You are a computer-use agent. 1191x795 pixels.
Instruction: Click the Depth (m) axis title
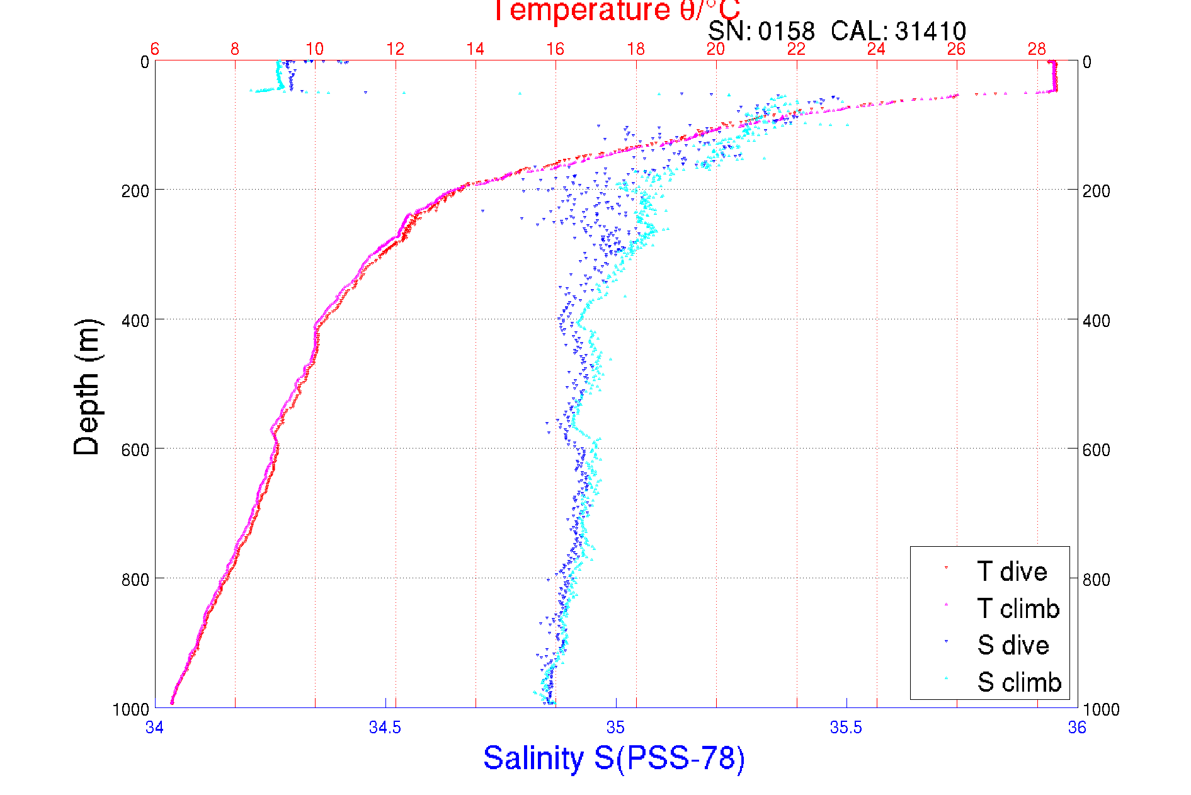point(87,387)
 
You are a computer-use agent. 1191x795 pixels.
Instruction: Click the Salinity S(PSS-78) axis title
point(614,758)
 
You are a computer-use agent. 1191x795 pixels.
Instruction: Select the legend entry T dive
point(1011,571)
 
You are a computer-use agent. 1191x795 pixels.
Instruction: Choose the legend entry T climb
point(1018,609)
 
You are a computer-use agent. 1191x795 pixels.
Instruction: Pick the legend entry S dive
point(1013,645)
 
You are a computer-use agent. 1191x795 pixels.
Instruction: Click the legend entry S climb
point(1019,682)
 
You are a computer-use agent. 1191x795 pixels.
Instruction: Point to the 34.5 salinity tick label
point(385,728)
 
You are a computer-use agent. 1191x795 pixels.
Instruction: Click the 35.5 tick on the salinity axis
point(846,728)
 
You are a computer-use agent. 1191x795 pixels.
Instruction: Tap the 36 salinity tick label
point(1077,728)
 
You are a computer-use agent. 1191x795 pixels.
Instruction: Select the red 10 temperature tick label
point(314,49)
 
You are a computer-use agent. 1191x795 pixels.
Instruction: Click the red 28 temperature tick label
point(1037,49)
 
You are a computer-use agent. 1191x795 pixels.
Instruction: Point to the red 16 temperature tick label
point(555,49)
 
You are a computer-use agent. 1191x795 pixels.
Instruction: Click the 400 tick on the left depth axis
point(135,321)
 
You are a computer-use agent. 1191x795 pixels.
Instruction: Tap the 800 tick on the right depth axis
point(1096,580)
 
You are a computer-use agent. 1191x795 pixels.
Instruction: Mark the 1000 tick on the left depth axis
point(131,709)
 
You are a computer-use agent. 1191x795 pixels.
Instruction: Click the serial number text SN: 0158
point(761,31)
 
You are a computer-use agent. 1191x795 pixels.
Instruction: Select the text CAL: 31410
point(898,31)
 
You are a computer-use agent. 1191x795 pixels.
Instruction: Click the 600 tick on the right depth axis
point(1096,450)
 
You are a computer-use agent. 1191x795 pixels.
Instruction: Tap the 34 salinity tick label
point(154,728)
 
